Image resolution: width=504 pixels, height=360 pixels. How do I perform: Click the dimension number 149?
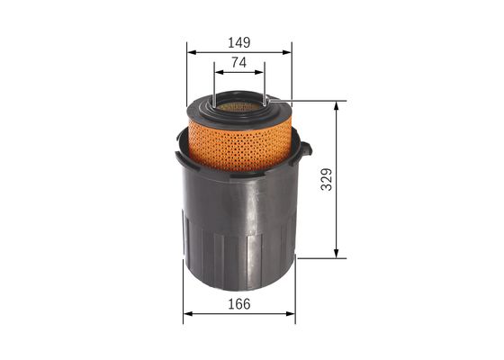coord(238,42)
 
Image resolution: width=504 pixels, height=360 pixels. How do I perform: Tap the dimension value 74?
coord(238,62)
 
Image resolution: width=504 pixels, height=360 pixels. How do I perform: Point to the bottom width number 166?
coord(238,304)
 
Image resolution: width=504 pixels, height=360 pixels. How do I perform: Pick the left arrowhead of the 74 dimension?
coord(217,72)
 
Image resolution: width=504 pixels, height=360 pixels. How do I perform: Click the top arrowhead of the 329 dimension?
coord(337,104)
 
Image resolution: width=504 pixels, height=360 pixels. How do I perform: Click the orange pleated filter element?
coord(238,144)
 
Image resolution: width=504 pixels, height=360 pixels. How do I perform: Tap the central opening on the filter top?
coord(238,106)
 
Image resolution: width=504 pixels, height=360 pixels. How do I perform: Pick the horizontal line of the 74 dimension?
coord(238,72)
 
